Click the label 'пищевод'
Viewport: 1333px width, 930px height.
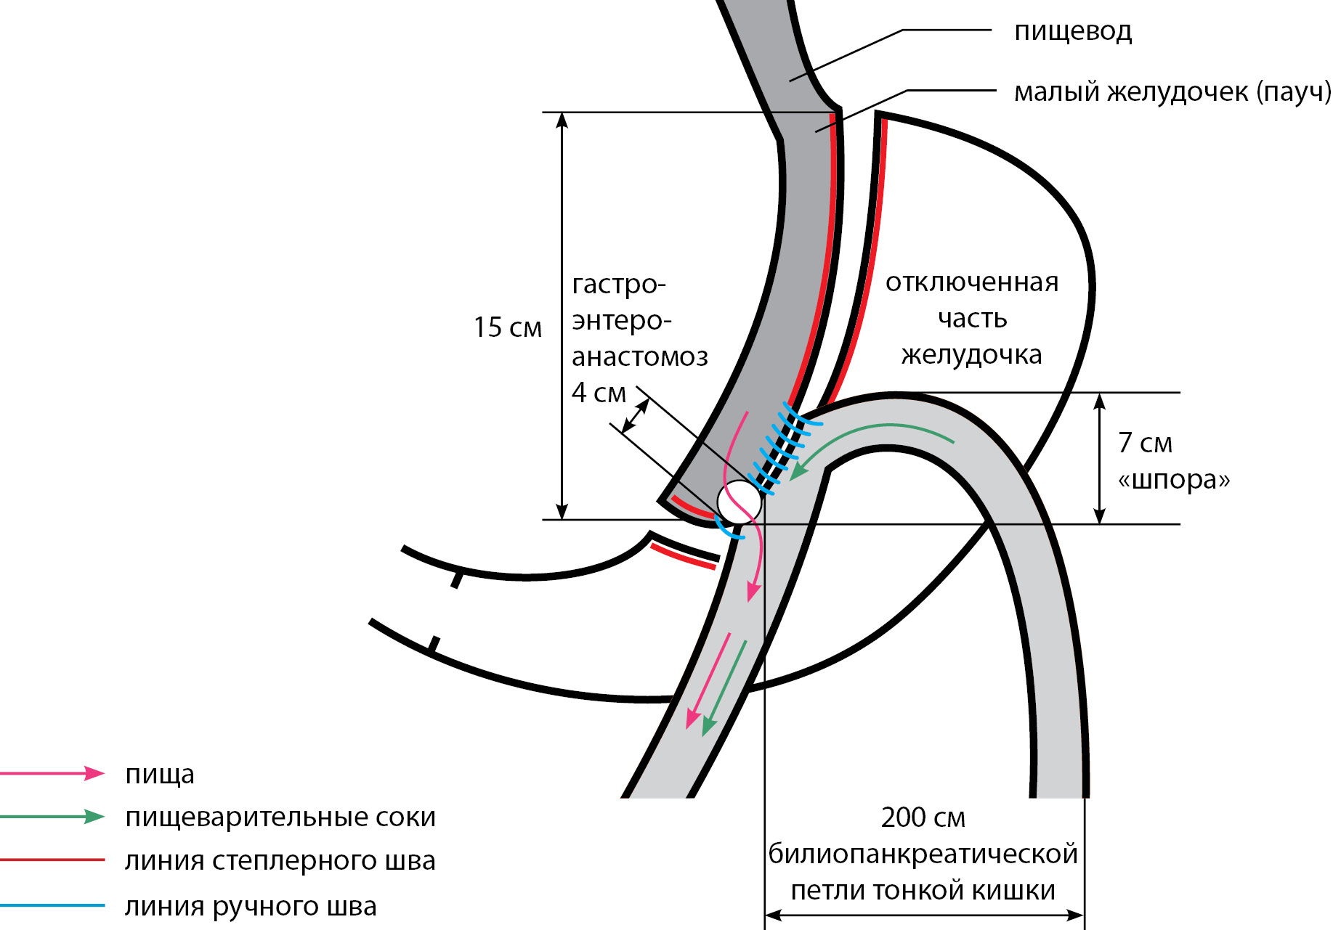point(1072,31)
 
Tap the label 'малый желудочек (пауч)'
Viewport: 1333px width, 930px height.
point(1172,92)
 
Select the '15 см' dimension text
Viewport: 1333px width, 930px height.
point(507,327)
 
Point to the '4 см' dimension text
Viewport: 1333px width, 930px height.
point(599,393)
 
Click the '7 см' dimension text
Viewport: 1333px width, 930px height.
point(1145,442)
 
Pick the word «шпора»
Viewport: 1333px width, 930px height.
point(1173,479)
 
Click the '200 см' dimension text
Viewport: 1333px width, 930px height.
point(923,817)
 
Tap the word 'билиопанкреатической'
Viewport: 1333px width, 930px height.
point(923,854)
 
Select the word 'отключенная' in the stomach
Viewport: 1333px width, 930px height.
point(971,282)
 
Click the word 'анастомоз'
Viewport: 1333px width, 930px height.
point(639,356)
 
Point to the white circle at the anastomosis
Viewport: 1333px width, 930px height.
point(739,502)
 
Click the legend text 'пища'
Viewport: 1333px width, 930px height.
point(160,774)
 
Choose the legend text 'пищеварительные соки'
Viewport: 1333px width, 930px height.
point(280,817)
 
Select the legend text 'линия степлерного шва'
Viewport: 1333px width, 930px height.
point(280,860)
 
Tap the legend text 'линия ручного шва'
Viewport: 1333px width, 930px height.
point(251,906)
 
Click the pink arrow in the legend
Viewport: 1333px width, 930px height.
point(52,773)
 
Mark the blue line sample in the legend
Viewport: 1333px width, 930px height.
point(52,905)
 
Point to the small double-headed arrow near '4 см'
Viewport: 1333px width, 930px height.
point(636,416)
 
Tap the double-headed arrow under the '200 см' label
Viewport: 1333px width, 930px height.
point(924,915)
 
